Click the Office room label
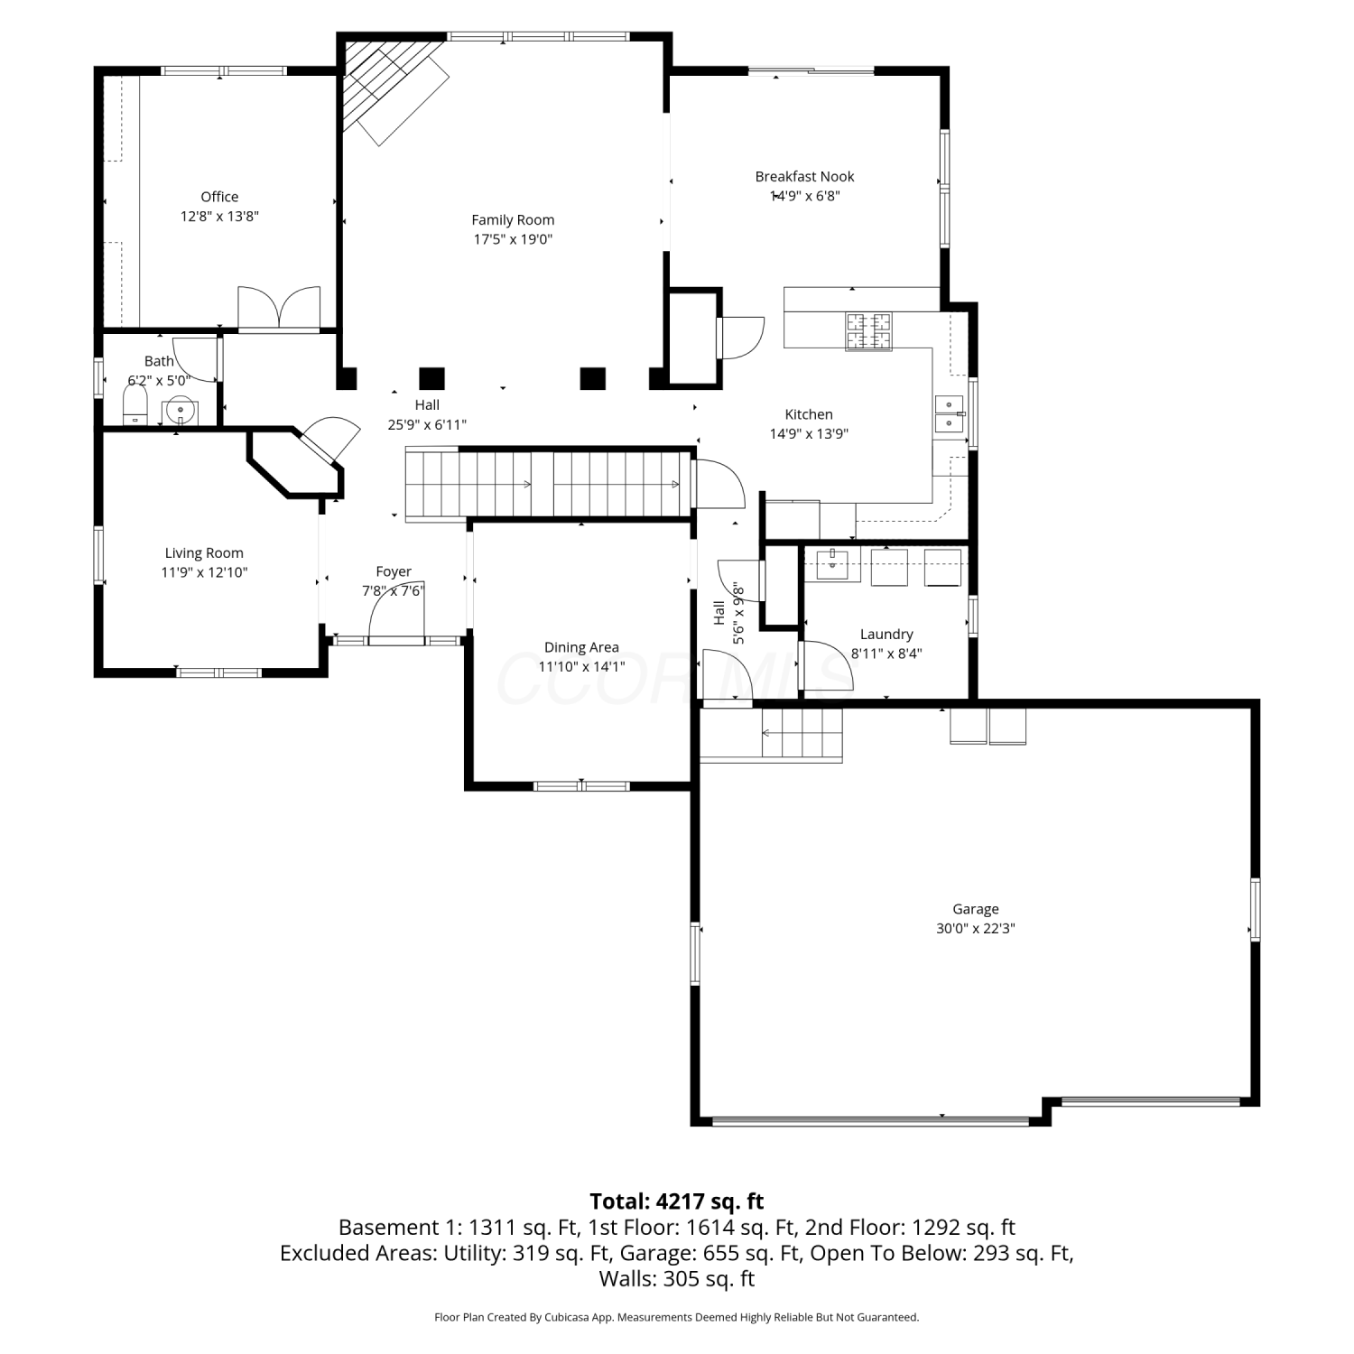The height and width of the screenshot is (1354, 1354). [x=219, y=197]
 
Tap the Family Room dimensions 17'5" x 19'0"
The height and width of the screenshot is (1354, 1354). [x=513, y=239]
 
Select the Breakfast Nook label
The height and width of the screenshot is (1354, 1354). [x=804, y=177]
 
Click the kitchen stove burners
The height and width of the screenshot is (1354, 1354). [x=868, y=331]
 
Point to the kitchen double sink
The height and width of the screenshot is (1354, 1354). [x=950, y=414]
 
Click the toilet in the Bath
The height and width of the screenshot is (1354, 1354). [x=135, y=405]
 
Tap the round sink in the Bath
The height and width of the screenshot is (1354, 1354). [x=181, y=410]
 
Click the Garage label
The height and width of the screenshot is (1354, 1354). [x=976, y=909]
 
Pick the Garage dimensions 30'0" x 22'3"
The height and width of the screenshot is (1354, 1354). [x=976, y=928]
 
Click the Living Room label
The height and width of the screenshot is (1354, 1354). [x=204, y=553]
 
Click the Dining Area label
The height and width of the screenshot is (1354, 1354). [x=581, y=647]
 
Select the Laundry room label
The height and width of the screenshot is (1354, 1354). [x=886, y=635]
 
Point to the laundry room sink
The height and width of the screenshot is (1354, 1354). [x=832, y=565]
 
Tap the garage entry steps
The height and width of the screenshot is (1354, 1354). [x=802, y=734]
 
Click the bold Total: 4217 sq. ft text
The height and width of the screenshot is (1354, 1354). [x=677, y=1201]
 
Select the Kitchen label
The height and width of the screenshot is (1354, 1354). [x=809, y=414]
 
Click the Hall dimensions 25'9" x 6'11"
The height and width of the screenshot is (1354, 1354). [x=427, y=424]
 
